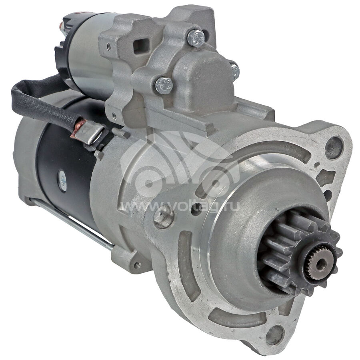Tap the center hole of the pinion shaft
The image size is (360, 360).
(x=320, y=263)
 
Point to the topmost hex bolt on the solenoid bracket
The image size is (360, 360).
(x=196, y=38)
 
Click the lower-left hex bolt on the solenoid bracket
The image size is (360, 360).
(x=164, y=86)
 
